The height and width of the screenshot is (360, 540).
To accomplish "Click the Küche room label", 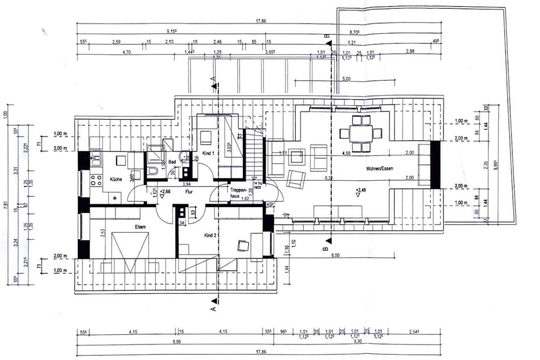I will tap(116, 179).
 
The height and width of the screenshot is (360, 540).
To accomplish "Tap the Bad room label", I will tap(172, 161).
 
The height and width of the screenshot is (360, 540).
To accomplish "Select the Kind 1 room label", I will tap(208, 154).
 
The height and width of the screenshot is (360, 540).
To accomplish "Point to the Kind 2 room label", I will tap(210, 235).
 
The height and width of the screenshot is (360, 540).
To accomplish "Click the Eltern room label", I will tap(140, 227).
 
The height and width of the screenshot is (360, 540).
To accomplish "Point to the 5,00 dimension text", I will tap(346, 78).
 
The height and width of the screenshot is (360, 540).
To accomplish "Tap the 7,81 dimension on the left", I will tap(5, 205).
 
